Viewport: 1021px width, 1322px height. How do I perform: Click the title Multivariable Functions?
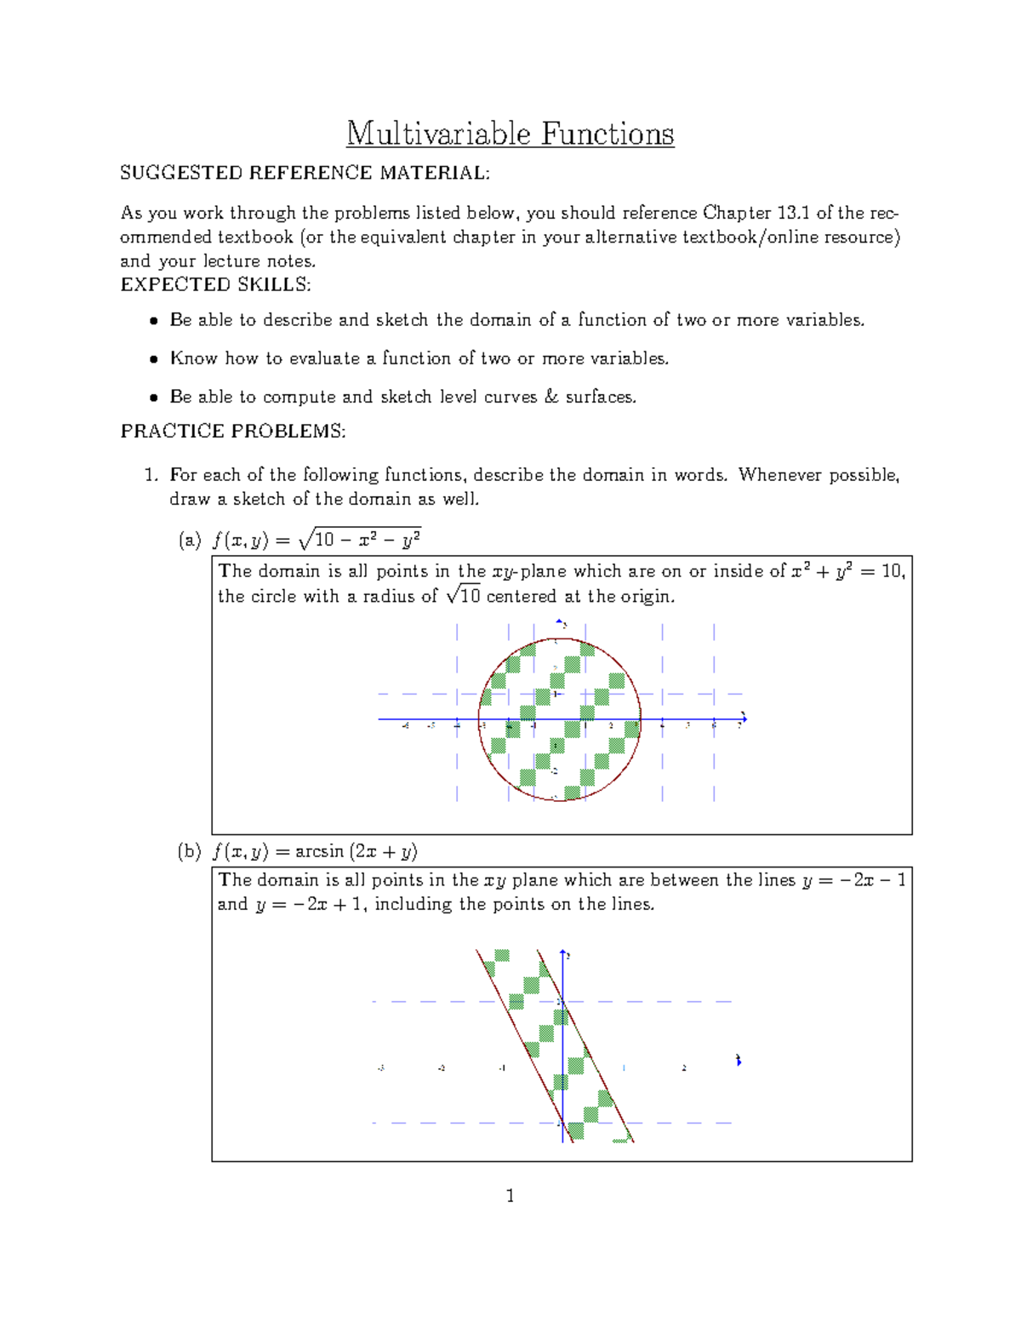pyautogui.click(x=510, y=134)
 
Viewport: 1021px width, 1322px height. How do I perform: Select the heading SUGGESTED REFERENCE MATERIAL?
pyautogui.click(x=305, y=173)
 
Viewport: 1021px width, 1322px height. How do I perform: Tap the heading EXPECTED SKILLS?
pyautogui.click(x=215, y=284)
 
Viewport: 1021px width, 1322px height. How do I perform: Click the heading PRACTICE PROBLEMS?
pyautogui.click(x=233, y=432)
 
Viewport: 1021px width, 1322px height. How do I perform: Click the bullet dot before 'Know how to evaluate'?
pyautogui.click(x=153, y=359)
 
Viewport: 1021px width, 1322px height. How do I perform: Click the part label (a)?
pyautogui.click(x=190, y=540)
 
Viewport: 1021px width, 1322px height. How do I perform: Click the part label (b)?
pyautogui.click(x=190, y=851)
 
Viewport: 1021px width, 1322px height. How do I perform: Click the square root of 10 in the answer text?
pyautogui.click(x=464, y=596)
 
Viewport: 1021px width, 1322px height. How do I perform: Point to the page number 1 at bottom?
pyautogui.click(x=510, y=1196)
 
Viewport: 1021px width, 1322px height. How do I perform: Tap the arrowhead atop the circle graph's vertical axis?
pyautogui.click(x=559, y=621)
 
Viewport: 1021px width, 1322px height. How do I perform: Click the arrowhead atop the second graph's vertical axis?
pyautogui.click(x=562, y=951)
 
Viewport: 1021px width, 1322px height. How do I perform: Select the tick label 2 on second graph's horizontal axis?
pyautogui.click(x=684, y=1068)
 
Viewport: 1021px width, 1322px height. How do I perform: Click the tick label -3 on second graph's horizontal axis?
pyautogui.click(x=380, y=1068)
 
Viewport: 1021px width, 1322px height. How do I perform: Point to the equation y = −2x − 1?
pyautogui.click(x=854, y=880)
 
